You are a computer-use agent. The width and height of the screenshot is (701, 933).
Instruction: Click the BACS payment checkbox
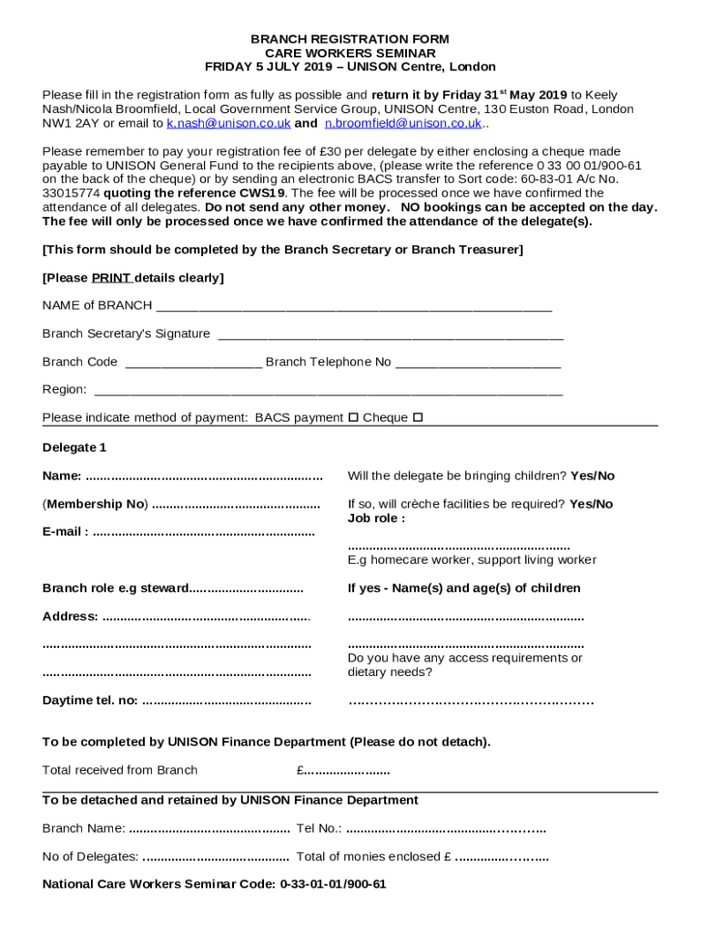pos(352,418)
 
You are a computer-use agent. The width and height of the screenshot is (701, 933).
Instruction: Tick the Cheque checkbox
pos(418,418)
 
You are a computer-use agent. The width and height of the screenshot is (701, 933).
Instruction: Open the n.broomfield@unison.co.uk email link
pos(403,123)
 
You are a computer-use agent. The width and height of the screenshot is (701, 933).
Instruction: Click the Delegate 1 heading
pos(75,447)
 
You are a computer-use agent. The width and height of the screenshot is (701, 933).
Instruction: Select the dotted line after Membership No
pos(236,505)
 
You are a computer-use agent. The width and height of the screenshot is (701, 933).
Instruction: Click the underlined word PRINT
pos(111,278)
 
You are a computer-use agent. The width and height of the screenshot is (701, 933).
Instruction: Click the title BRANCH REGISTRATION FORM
pos(350,40)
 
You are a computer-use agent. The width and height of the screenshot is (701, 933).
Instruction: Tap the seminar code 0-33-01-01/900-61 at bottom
pos(333,884)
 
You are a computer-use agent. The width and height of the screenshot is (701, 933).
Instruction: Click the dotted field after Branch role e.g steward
pos(248,589)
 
